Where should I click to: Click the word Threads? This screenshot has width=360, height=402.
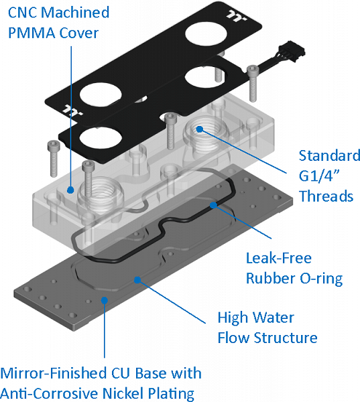point(326,196)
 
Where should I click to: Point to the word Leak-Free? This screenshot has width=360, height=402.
point(279,258)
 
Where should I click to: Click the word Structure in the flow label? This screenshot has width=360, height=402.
point(286,338)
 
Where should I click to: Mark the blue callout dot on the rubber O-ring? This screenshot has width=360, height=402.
point(213,205)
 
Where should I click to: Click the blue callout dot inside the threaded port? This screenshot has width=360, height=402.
point(199,129)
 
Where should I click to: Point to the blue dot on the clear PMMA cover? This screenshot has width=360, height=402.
point(70,190)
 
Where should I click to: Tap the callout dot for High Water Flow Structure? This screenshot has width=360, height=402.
point(138,279)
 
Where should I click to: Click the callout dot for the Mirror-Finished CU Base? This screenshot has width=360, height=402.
point(104,300)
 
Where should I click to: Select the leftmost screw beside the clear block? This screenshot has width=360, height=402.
point(53,159)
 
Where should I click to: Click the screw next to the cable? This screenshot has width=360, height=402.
point(253,83)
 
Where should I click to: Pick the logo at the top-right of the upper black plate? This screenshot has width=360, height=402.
point(237,16)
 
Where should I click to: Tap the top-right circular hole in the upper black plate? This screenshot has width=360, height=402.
point(206,34)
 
